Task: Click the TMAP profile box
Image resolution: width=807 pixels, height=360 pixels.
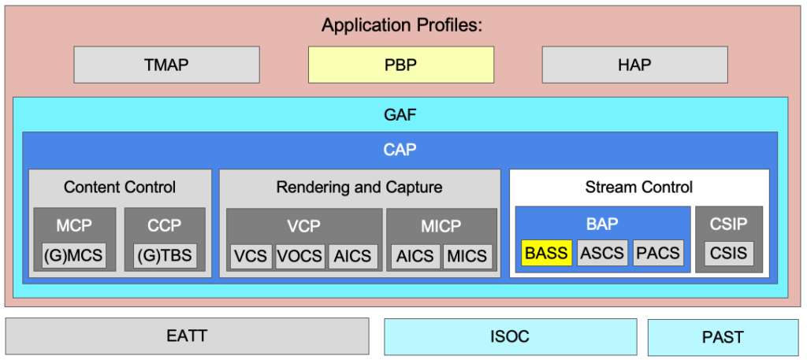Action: click(x=167, y=65)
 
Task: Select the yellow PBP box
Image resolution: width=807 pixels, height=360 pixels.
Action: click(x=401, y=65)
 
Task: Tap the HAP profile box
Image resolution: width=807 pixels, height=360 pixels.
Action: click(x=634, y=65)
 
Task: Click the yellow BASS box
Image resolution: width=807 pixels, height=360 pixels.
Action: click(x=547, y=253)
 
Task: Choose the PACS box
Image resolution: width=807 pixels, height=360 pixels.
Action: click(x=658, y=253)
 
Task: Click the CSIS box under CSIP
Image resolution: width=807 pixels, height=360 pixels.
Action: click(x=728, y=253)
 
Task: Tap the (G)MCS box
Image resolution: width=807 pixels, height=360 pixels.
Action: click(x=73, y=255)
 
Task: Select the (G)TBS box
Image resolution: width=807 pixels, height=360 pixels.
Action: click(x=165, y=255)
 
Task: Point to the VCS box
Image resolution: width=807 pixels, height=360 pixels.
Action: click(x=251, y=256)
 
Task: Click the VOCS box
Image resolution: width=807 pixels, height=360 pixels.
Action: click(x=300, y=256)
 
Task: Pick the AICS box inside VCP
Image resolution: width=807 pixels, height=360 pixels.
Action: click(x=353, y=256)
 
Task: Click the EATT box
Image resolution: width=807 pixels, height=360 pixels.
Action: click(x=187, y=336)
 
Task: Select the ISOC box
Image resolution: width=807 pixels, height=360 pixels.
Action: click(x=511, y=337)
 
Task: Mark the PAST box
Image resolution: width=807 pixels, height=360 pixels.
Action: click(x=723, y=337)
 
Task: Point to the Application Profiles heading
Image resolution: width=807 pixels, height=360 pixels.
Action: click(x=402, y=25)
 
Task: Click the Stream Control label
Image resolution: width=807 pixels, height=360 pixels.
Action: click(x=638, y=187)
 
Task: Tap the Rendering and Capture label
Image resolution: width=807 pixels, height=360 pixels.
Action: click(x=359, y=187)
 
